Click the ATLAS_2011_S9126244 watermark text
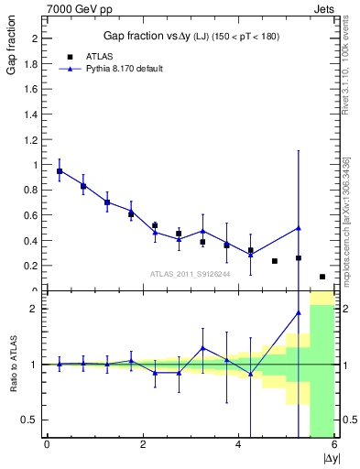tap(190, 273)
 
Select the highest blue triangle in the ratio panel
tap(299, 313)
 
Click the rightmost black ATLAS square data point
tap(322, 277)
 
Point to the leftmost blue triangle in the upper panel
tap(60, 171)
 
